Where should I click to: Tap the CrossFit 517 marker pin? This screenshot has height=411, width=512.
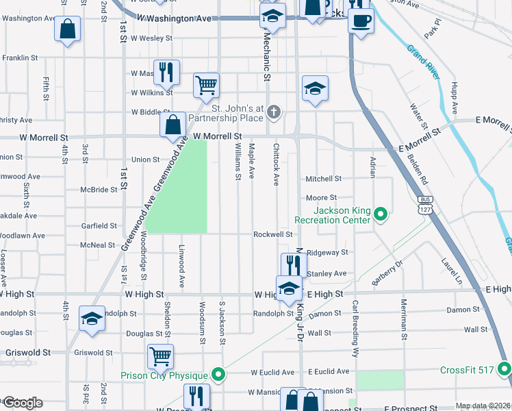coord(505,371)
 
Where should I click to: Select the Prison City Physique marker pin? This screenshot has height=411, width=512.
coord(218,375)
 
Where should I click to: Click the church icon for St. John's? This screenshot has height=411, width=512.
coord(274,112)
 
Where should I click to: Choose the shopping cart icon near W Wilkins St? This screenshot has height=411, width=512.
coord(205,86)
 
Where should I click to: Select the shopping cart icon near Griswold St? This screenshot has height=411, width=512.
coord(160,356)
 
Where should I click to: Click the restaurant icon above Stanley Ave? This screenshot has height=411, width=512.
coord(294,264)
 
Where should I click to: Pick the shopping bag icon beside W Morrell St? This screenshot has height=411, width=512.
coord(173,125)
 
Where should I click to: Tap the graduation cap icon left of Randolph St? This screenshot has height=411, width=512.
coord(92,319)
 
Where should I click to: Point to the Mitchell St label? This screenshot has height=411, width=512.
coord(323,179)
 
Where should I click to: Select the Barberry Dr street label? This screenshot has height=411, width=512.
coord(387,271)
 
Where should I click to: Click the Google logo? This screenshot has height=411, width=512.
coord(23,403)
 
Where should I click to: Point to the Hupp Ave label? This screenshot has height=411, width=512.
coord(453,99)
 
